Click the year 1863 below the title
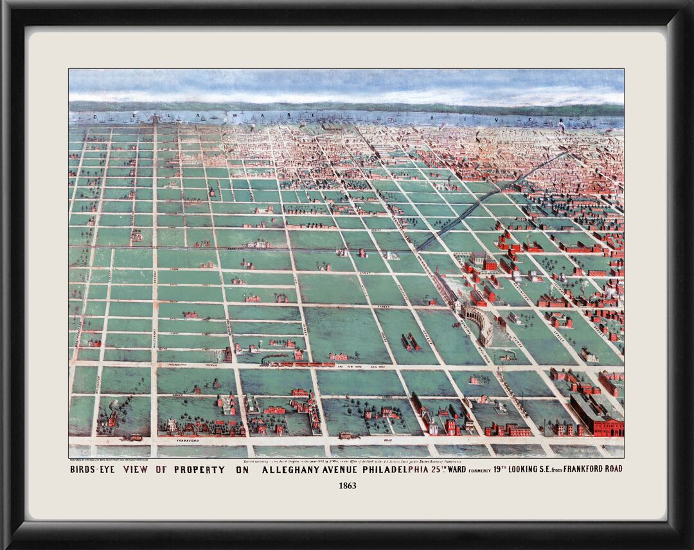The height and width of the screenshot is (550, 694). tap(347, 486)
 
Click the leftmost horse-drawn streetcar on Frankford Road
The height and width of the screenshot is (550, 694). tap(134, 438)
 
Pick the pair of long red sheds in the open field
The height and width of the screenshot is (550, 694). tap(410, 341)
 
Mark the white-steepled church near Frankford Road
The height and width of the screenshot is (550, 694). tap(172, 425)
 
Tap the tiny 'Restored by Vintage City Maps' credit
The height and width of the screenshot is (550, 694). tap(109, 460)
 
